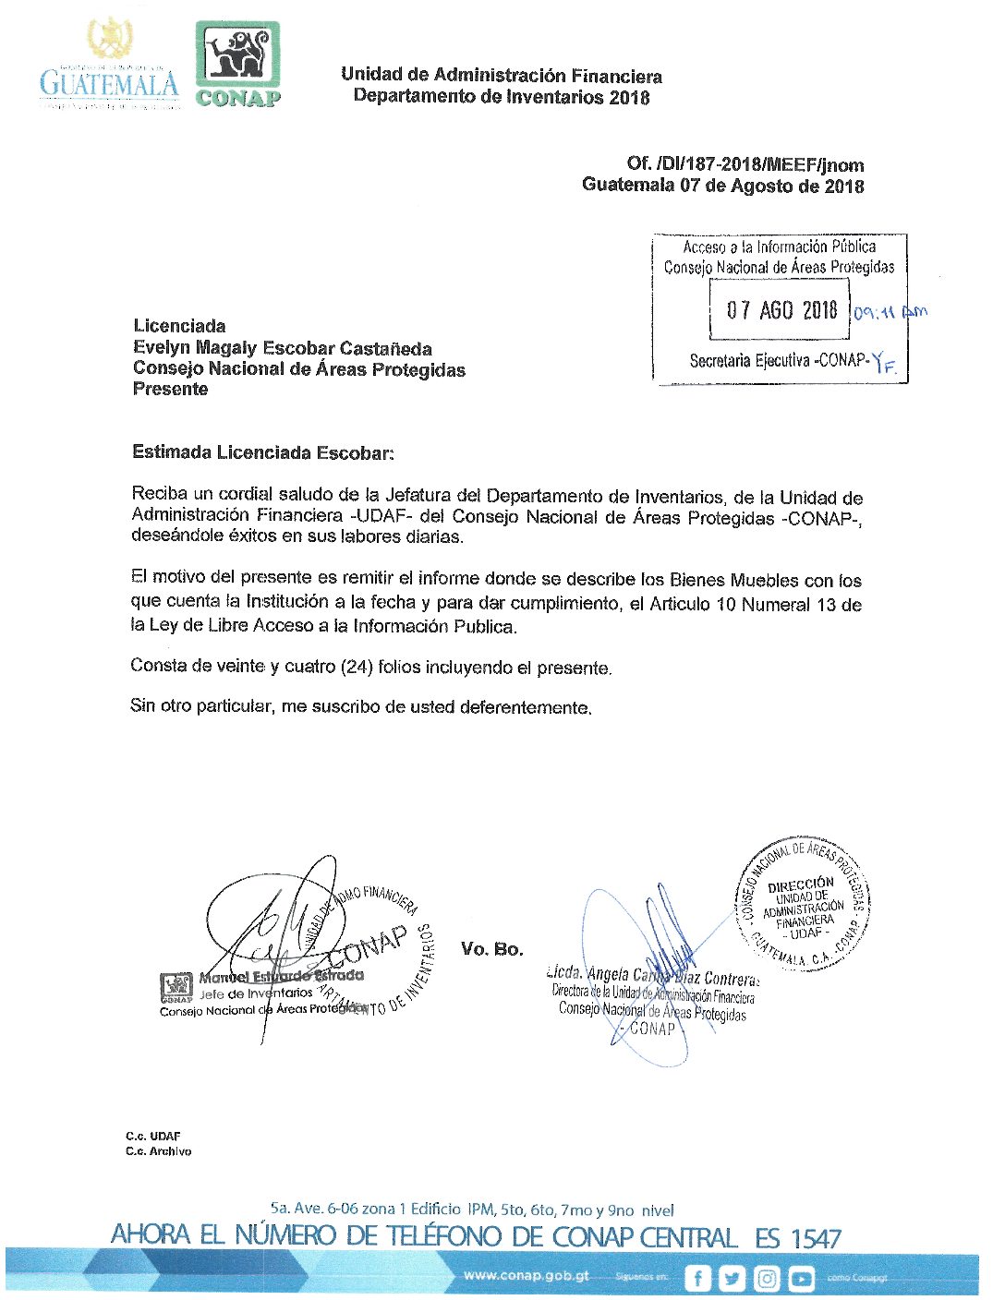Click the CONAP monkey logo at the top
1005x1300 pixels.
click(237, 63)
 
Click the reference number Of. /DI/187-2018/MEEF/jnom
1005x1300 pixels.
click(745, 164)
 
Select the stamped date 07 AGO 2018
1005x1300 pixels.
click(781, 310)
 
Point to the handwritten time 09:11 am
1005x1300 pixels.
click(889, 311)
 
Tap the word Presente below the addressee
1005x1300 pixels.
click(170, 389)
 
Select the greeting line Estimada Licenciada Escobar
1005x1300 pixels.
click(262, 452)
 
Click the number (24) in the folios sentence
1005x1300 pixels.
click(356, 667)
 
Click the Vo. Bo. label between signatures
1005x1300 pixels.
click(491, 949)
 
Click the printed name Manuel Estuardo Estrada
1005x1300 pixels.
click(282, 976)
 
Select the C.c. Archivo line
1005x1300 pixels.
click(158, 1151)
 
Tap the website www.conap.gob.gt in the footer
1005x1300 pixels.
click(526, 1275)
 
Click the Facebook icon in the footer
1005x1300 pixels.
click(697, 1279)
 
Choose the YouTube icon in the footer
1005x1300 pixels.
click(801, 1279)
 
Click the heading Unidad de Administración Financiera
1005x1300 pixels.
click(501, 75)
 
